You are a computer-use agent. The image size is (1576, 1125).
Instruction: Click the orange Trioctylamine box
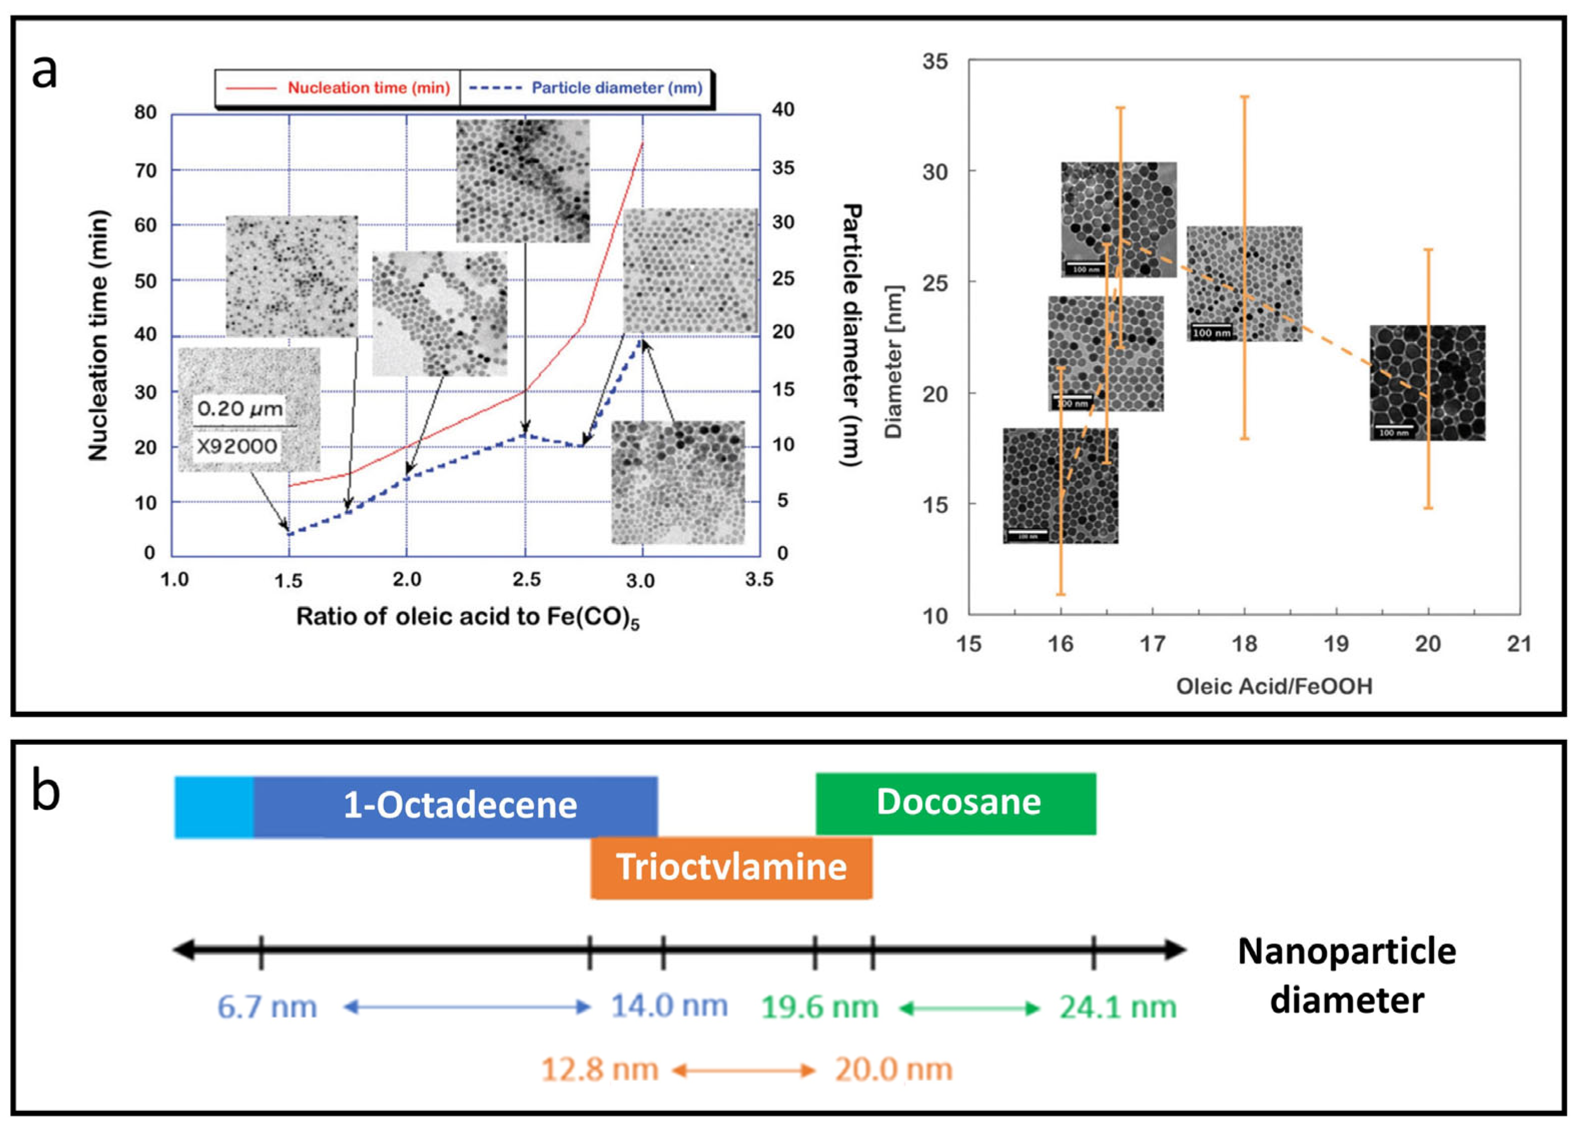[x=731, y=868]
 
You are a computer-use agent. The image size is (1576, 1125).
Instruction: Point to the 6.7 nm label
[x=267, y=1007]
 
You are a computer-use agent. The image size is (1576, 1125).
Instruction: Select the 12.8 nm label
[x=599, y=1069]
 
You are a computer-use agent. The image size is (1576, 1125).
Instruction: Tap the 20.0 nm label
[x=893, y=1069]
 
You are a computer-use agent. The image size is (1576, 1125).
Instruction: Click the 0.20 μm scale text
[x=239, y=409]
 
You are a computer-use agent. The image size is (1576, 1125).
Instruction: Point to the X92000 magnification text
[x=237, y=446]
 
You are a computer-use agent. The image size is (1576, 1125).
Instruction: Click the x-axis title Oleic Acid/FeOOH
[x=1273, y=687]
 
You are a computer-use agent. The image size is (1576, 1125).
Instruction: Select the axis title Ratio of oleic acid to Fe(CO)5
[x=467, y=617]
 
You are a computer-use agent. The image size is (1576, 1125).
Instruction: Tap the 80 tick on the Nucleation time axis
[x=145, y=112]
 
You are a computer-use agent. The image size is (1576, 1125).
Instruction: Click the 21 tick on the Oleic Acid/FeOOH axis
[x=1518, y=644]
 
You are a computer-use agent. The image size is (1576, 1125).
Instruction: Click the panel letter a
[x=45, y=71]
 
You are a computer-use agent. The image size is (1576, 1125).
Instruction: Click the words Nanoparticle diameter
[x=1346, y=975]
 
